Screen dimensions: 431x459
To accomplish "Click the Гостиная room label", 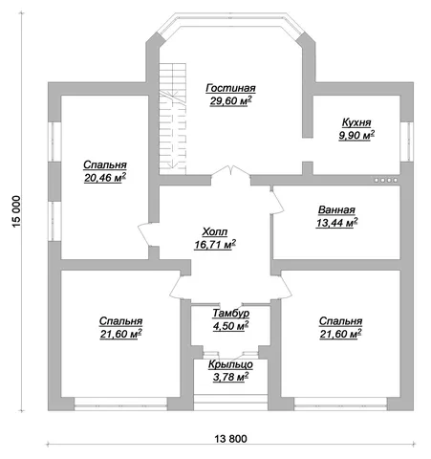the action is (x=230, y=88).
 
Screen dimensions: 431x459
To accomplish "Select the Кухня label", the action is (x=356, y=122).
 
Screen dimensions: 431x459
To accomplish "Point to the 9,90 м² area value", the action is (x=356, y=135).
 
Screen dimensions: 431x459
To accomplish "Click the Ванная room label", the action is (x=336, y=210).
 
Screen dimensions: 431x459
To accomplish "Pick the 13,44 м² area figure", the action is (x=336, y=223).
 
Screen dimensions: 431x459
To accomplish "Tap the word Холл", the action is (x=215, y=232).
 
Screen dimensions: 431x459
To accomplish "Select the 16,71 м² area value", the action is (x=215, y=245).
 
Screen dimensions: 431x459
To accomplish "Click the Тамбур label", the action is (x=231, y=314).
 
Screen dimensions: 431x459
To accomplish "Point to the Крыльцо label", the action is (x=230, y=364).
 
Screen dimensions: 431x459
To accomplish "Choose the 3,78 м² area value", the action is (x=230, y=377).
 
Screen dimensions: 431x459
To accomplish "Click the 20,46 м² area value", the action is (x=105, y=178).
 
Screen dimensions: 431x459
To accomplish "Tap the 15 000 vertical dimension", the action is (x=16, y=211).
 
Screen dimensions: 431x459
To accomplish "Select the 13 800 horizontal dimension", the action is (x=230, y=439).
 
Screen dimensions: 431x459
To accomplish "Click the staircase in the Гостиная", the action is (x=172, y=119).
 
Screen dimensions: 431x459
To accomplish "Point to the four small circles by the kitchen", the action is (x=386, y=180).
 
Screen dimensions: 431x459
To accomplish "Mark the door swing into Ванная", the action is (x=277, y=201).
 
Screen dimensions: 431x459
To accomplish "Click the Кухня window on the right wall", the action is (x=406, y=142).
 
